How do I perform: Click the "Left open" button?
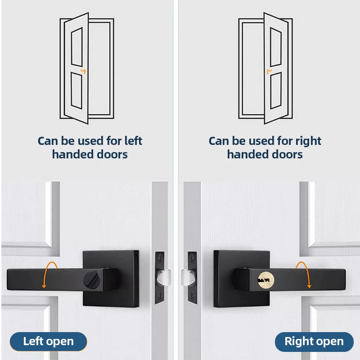(x=48, y=342)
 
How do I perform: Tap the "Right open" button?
(x=314, y=342)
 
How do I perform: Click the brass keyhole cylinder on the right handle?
(x=266, y=280)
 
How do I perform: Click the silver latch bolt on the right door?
(x=188, y=278)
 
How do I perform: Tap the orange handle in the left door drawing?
(x=83, y=72)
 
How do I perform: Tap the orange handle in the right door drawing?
(x=269, y=72)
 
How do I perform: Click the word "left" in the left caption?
(x=133, y=141)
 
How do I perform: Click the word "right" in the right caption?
(x=308, y=141)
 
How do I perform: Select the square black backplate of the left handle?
(x=111, y=279)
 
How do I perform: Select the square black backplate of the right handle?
(x=242, y=279)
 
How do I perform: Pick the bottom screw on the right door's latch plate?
(x=192, y=295)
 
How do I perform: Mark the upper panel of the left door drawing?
(x=76, y=47)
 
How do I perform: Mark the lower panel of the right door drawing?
(x=276, y=90)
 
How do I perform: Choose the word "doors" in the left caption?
(x=112, y=154)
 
